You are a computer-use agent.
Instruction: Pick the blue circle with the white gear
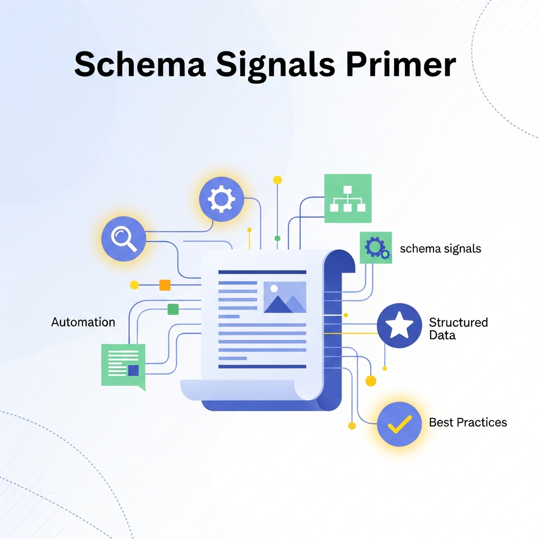(x=221, y=198)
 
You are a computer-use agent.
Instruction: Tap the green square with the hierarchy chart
(x=347, y=198)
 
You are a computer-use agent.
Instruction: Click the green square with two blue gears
(x=376, y=247)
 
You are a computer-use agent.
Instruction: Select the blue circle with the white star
(x=400, y=326)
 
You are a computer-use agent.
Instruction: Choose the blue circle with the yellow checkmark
(x=400, y=424)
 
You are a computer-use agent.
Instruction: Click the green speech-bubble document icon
(x=123, y=365)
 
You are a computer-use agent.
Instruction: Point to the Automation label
(x=83, y=322)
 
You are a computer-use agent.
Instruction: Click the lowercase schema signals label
(x=441, y=248)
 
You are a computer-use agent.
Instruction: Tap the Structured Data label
(x=458, y=328)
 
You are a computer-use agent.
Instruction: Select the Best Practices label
(x=468, y=422)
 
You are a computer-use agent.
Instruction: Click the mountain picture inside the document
(x=285, y=297)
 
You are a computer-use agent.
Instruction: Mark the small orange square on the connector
(x=165, y=285)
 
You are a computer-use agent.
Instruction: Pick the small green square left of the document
(x=173, y=309)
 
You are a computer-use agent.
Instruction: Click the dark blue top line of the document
(x=262, y=272)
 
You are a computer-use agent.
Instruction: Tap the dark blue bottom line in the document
(x=262, y=366)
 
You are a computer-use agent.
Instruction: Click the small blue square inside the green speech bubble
(x=133, y=371)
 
